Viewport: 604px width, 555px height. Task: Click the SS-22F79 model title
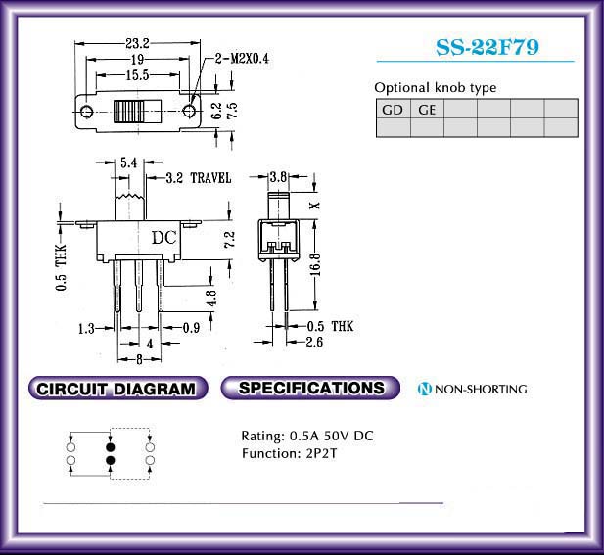tap(488, 47)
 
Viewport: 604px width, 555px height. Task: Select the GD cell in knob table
tap(393, 110)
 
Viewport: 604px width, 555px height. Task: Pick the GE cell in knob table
tap(427, 110)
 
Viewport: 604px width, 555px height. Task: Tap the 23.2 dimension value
tap(137, 43)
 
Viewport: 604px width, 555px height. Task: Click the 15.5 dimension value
tap(137, 75)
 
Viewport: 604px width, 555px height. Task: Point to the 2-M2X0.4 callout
tap(242, 59)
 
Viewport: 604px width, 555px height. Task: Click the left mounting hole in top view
tap(87, 112)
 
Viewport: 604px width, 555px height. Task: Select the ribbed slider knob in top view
tap(128, 112)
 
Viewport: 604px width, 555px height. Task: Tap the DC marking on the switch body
tap(164, 238)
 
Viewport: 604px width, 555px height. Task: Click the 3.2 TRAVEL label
tap(199, 178)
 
